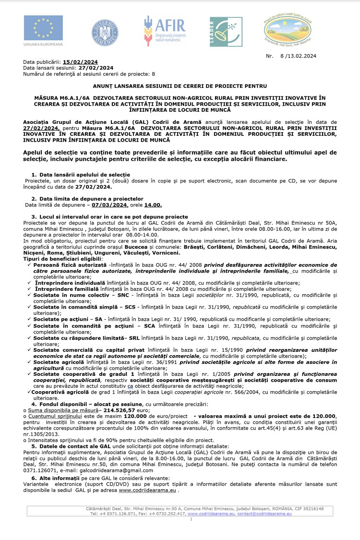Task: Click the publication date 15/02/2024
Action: pos(80,62)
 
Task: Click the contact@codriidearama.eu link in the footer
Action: pos(264,514)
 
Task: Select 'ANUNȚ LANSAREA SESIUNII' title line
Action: pos(180,86)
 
